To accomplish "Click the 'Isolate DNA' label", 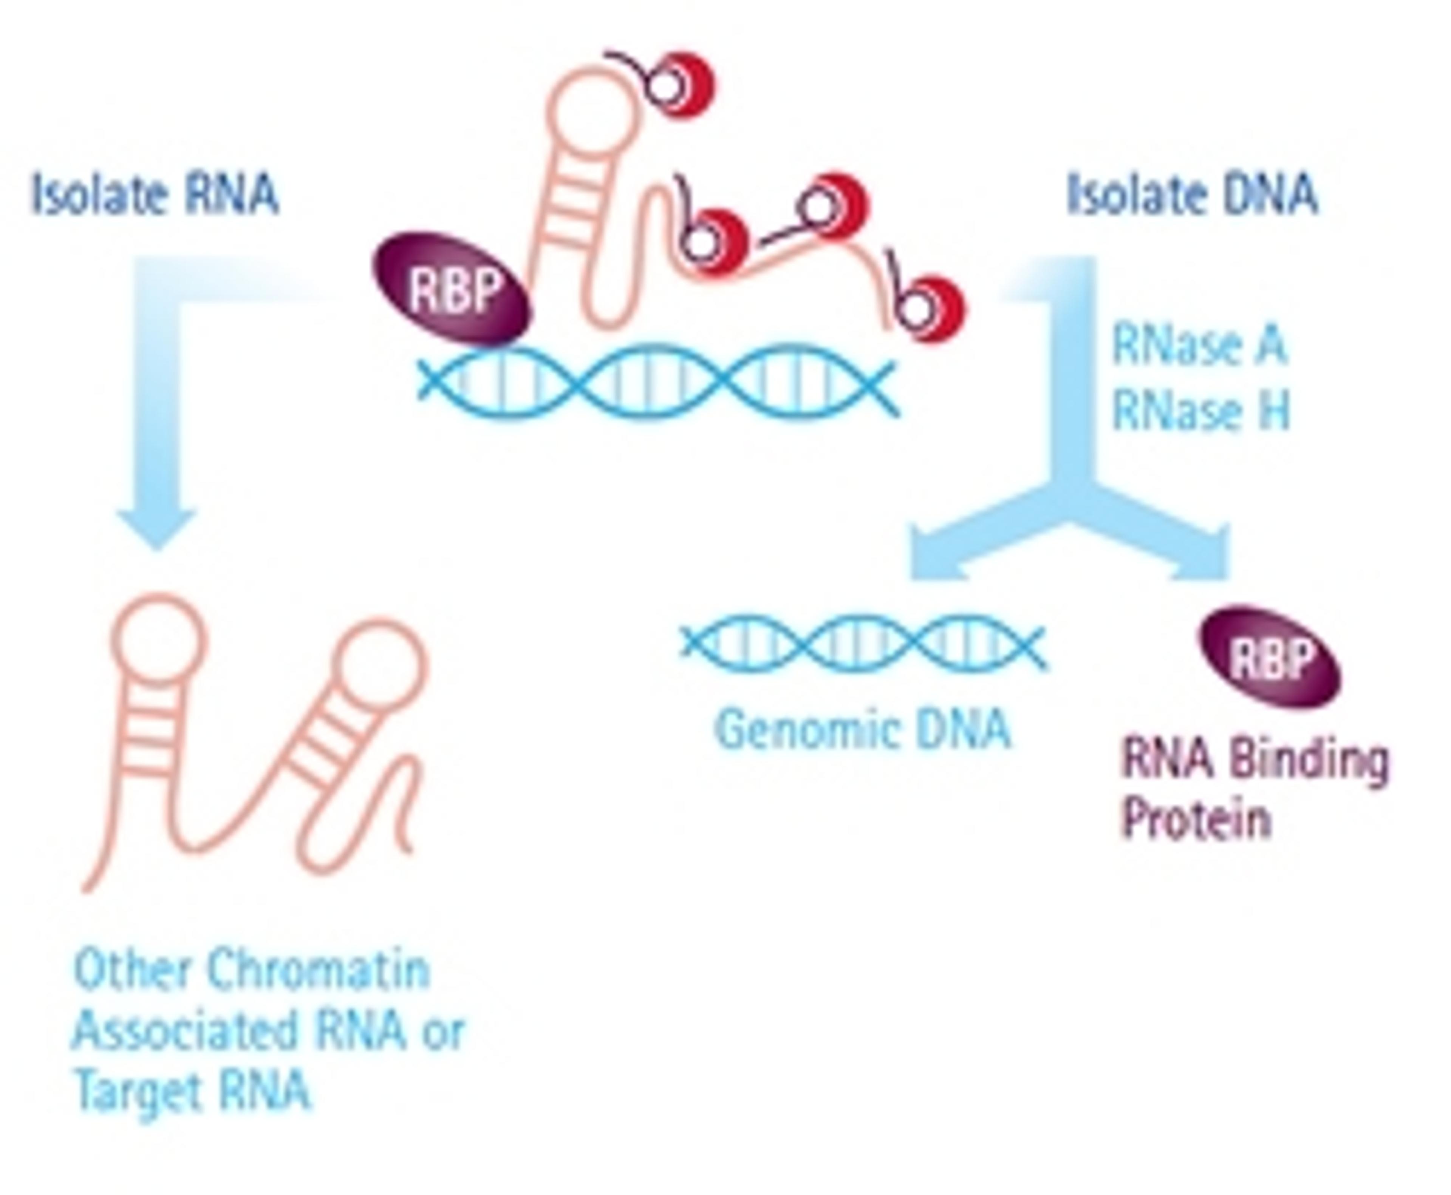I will (x=1191, y=195).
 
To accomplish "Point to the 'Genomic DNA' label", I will (x=863, y=730).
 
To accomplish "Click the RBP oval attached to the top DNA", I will (x=452, y=289).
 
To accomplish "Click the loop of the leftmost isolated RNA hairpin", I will (x=158, y=637).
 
